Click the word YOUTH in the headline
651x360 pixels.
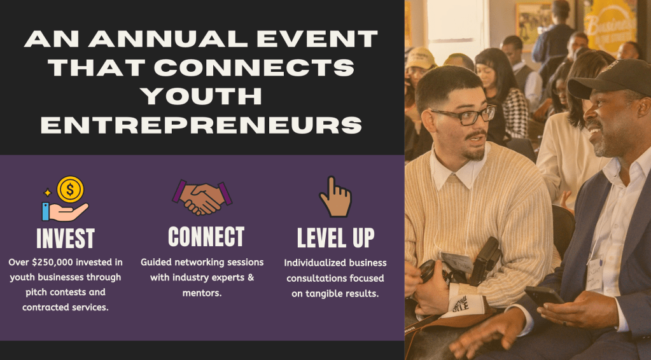click(201, 96)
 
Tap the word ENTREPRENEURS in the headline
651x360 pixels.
click(201, 125)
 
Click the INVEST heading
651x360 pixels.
click(65, 239)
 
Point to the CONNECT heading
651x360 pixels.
click(206, 237)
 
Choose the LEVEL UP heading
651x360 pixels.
click(335, 238)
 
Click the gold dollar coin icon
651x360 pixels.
click(70, 189)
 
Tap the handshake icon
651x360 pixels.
click(202, 197)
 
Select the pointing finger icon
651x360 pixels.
click(335, 197)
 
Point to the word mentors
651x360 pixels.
click(202, 293)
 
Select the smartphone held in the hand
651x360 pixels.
click(544, 296)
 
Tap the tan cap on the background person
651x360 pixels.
click(420, 58)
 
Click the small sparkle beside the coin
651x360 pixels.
click(47, 193)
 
